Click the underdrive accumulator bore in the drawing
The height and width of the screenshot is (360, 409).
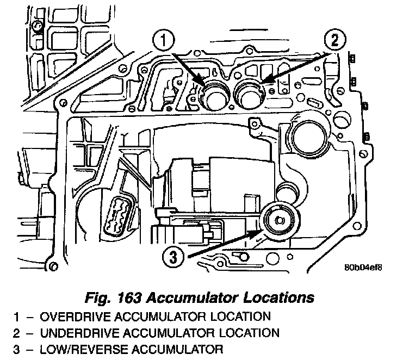[x=251, y=94]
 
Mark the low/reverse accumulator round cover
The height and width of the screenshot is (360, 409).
[x=280, y=222]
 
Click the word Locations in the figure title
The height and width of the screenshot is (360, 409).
[x=282, y=298]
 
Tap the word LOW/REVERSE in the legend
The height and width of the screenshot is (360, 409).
[x=74, y=349]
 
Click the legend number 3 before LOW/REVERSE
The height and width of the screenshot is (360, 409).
[x=17, y=349]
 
